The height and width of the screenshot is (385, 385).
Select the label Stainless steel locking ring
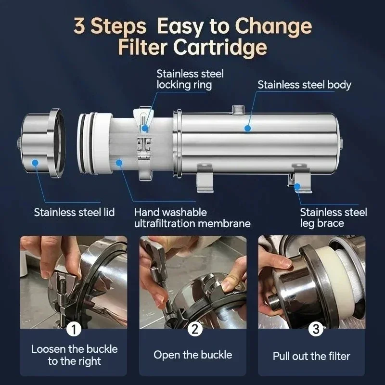coord(190,79)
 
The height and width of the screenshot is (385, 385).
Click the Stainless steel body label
coord(304,85)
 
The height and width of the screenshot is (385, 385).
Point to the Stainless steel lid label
coord(74,212)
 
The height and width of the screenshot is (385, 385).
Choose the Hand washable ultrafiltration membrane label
coord(192,218)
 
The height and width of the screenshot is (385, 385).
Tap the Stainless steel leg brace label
coord(333,218)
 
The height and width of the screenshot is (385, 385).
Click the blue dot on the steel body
coord(247,128)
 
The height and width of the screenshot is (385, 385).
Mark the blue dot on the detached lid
coord(34,163)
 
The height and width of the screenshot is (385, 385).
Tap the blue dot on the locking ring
coord(145,128)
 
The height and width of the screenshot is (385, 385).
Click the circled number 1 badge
coord(73,329)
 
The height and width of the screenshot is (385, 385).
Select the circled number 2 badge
coord(194,329)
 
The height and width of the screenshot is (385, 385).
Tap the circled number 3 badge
coord(315,329)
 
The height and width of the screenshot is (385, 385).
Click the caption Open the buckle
coord(192,355)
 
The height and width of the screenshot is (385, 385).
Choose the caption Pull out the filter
coord(311,356)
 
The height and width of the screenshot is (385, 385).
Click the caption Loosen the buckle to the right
coord(74,355)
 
